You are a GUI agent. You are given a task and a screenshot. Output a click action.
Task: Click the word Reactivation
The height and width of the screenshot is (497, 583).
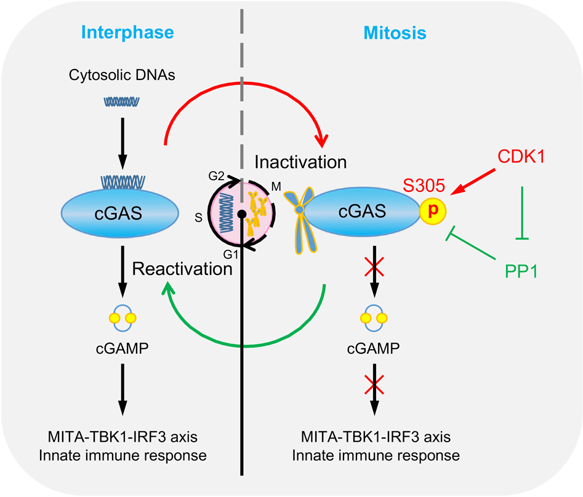click(x=183, y=268)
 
